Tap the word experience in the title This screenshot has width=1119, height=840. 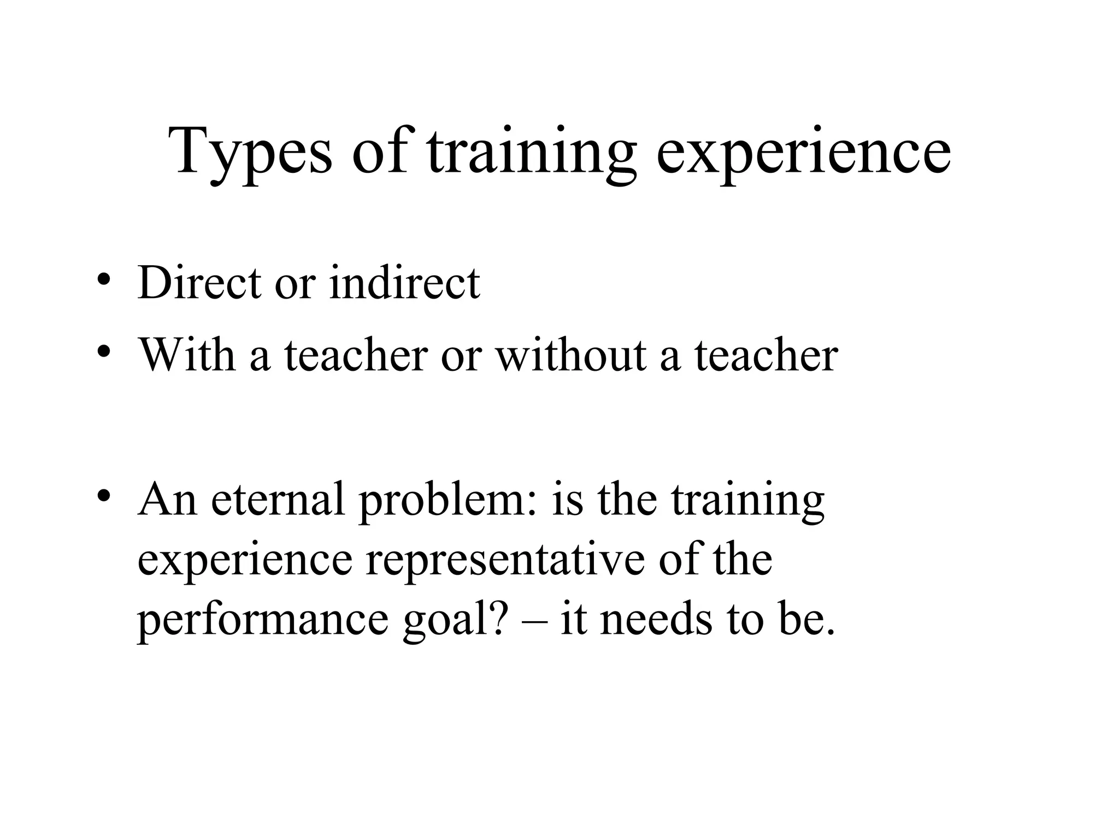(803, 152)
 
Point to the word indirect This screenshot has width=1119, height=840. (404, 283)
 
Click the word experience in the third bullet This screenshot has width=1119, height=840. (245, 561)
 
